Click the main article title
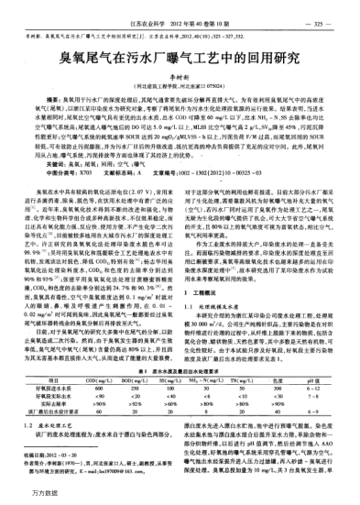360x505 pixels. point(180,58)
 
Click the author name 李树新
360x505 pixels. point(180,79)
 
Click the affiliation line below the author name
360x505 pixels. point(180,88)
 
